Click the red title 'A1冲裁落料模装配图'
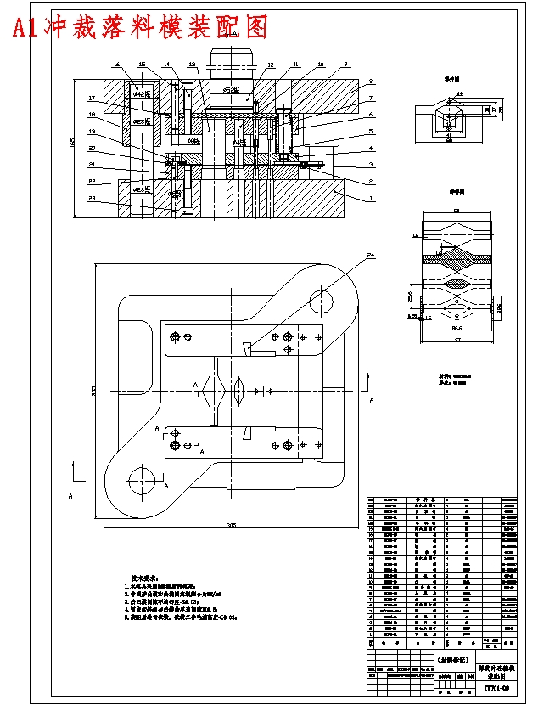click(140, 27)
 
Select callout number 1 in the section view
click(371, 198)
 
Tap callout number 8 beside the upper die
click(371, 82)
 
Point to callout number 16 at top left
click(115, 65)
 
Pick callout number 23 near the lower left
click(91, 200)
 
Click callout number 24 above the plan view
click(371, 255)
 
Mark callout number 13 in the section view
click(192, 65)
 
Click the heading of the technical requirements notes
click(141, 576)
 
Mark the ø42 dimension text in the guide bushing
click(141, 94)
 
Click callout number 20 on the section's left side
click(91, 149)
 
